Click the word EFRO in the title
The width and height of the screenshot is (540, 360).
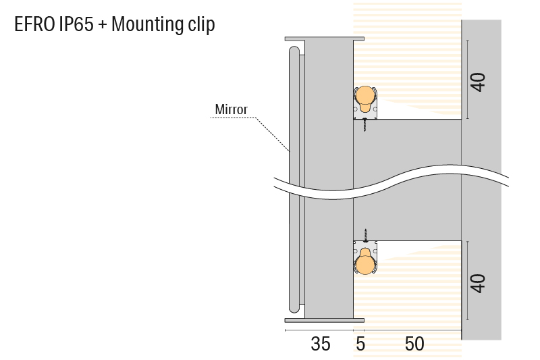pos(34,24)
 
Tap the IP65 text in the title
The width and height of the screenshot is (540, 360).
pos(76,24)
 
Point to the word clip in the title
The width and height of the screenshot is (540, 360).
pos(201,25)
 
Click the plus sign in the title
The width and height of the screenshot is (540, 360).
pos(103,25)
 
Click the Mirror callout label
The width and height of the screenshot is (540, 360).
pos(231,109)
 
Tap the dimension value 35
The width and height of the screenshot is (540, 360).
pos(320,344)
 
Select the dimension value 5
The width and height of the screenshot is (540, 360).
pos(360,344)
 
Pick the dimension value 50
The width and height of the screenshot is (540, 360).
pos(414,344)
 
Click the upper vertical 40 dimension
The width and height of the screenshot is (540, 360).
pos(479,82)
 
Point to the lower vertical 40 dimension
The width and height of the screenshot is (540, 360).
pos(479,283)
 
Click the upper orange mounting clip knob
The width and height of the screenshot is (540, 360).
pos(364,98)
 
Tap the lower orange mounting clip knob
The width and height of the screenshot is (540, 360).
pos(364,261)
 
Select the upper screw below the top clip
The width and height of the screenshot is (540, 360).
pos(364,125)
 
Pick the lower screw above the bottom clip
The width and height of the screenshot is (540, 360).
pos(366,236)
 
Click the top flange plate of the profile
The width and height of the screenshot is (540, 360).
pos(325,39)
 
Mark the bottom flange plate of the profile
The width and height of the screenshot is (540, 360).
pos(325,320)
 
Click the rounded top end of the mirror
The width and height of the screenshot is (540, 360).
pos(294,52)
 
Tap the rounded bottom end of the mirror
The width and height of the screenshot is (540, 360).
pos(294,307)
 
